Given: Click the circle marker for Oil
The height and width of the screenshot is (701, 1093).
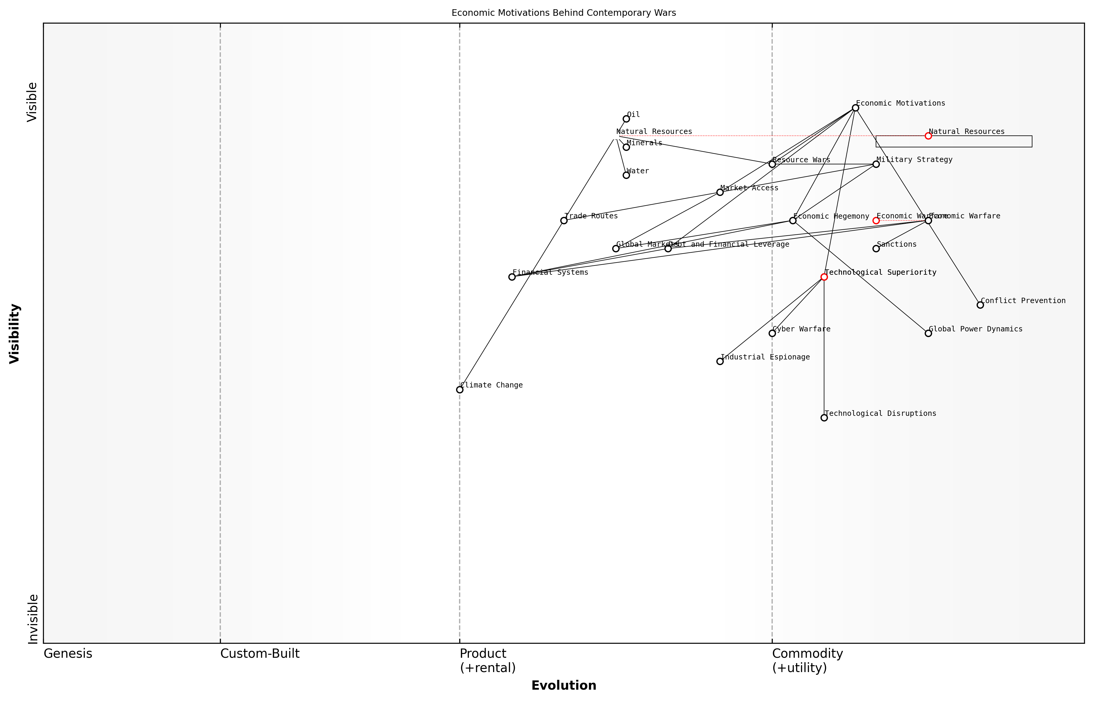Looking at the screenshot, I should (x=626, y=119).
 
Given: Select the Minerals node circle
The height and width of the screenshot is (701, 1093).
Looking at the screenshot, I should (x=626, y=147).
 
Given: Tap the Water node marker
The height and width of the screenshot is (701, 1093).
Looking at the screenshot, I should (x=626, y=175).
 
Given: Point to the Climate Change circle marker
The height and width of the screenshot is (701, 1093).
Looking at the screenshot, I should (x=460, y=390).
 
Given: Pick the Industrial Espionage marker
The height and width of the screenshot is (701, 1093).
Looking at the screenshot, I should (x=720, y=362).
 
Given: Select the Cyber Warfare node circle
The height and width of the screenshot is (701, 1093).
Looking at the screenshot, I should (x=772, y=333).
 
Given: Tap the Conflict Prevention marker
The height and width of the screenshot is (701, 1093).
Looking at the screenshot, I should (x=980, y=305).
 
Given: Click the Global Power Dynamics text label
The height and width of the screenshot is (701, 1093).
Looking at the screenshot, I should (x=975, y=329).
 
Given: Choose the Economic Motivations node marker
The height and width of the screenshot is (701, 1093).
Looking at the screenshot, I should (x=855, y=108).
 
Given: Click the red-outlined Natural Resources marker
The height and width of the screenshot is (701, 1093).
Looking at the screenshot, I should (x=928, y=136).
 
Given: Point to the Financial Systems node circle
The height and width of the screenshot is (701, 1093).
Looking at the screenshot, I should (x=512, y=277).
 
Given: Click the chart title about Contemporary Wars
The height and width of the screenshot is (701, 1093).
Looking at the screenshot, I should (x=564, y=13).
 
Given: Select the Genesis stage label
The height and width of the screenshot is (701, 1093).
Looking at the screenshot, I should (x=68, y=654).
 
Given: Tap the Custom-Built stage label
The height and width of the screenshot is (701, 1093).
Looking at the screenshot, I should (x=260, y=654).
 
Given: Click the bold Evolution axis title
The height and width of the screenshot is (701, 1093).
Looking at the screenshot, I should (x=564, y=685).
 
